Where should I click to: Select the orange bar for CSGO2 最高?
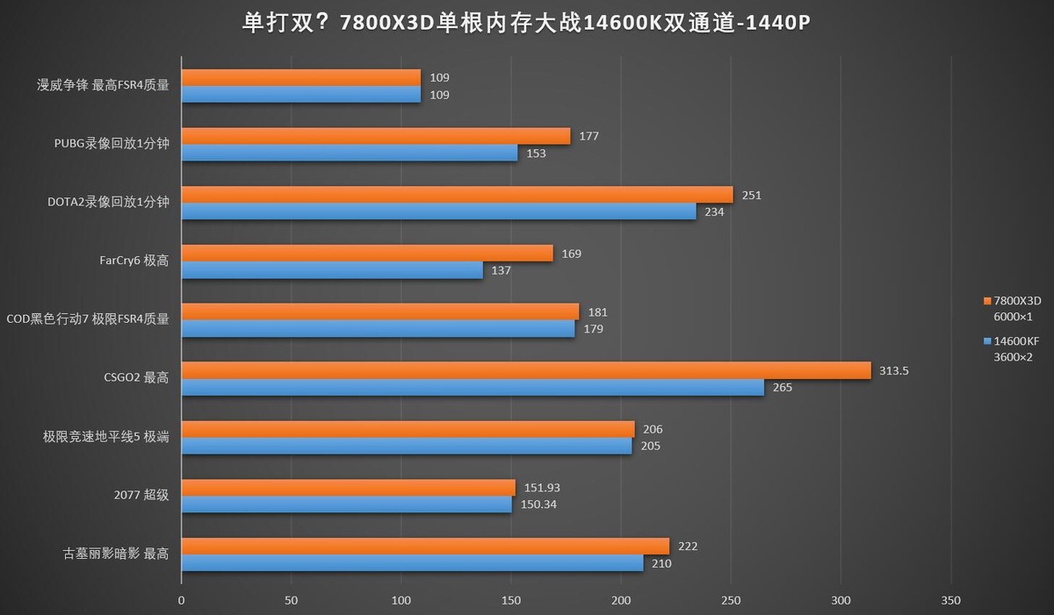526,370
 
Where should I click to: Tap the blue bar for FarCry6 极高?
332,270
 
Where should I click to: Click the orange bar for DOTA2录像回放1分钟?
457,195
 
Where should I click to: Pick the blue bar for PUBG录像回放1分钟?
350,153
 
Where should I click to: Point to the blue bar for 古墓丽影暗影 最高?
412,563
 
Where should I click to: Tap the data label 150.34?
537,504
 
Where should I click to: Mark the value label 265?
782,387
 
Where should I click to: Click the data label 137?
501,270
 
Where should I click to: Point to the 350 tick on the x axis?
950,600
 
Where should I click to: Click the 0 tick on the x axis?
182,600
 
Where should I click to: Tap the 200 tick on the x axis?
621,600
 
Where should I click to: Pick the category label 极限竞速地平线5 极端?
106,437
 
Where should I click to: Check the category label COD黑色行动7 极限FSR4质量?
88,319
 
